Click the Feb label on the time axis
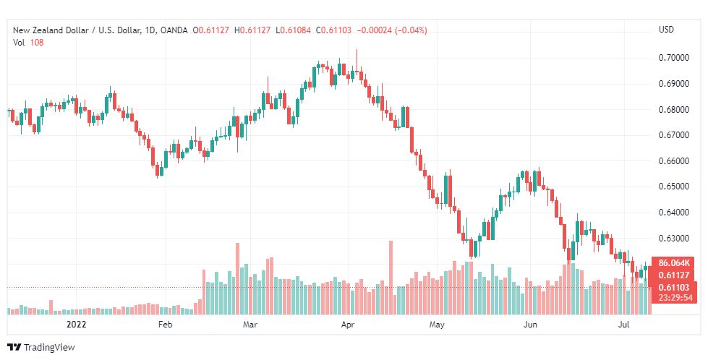tap(166, 325)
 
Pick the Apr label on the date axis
tap(348, 325)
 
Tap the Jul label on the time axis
tap(624, 325)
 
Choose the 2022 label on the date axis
tap(76, 325)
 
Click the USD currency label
tap(666, 30)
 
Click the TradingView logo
tap(41, 347)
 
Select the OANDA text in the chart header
tap(174, 30)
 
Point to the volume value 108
tap(37, 43)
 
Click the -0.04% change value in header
tap(411, 30)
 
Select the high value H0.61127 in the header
tap(252, 30)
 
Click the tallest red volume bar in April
tap(391, 278)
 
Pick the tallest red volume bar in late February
tap(237, 278)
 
